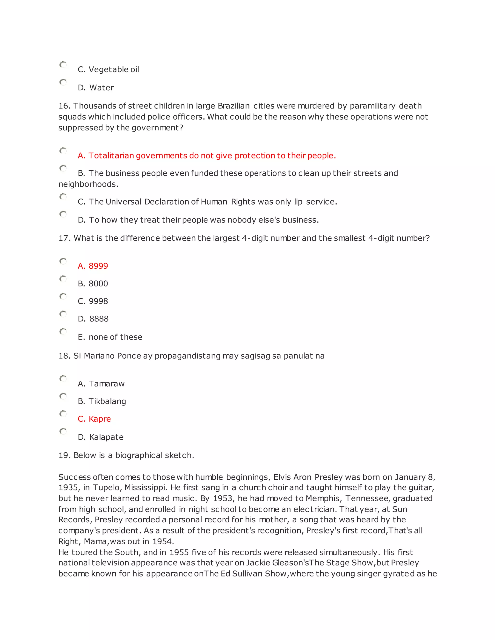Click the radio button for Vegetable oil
pyautogui.click(x=63, y=64)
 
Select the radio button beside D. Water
pyautogui.click(x=63, y=82)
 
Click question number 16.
pyautogui.click(x=65, y=106)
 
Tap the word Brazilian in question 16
pyautogui.click(x=234, y=106)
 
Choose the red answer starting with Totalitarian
pyautogui.click(x=207, y=156)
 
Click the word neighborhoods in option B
pyautogui.click(x=88, y=184)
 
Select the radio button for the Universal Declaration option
pyautogui.click(x=63, y=196)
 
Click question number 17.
pyautogui.click(x=65, y=238)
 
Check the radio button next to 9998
pyautogui.click(x=63, y=296)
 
